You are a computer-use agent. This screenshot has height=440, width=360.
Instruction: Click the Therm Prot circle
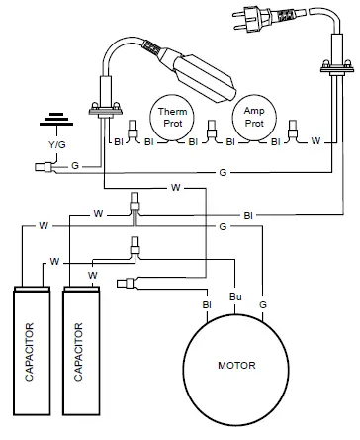click(169, 118)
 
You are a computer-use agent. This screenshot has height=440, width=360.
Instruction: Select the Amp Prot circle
click(253, 118)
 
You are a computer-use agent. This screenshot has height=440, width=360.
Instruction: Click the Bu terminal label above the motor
click(234, 296)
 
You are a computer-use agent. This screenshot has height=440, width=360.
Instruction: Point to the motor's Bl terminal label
click(207, 304)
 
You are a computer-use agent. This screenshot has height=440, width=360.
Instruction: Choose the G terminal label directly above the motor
click(262, 303)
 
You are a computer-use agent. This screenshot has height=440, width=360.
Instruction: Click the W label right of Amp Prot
click(315, 141)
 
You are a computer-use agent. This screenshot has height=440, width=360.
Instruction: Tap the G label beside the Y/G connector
click(75, 168)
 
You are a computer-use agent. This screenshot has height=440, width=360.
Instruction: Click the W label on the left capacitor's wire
click(44, 225)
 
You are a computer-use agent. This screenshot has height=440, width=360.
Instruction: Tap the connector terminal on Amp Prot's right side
click(291, 129)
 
